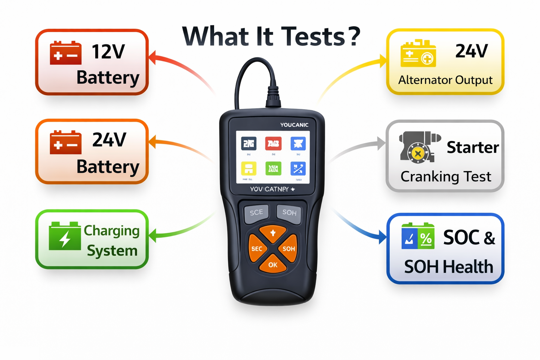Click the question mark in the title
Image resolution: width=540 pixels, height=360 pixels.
(x=353, y=36)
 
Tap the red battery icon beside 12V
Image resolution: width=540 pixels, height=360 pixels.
(x=66, y=53)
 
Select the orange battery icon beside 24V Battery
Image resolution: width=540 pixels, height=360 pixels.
(x=66, y=142)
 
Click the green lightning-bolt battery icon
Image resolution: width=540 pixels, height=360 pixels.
(x=65, y=236)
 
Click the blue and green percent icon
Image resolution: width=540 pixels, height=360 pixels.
(x=418, y=236)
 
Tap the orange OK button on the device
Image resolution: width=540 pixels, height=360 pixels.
(x=273, y=265)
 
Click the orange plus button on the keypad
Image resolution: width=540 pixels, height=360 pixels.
(x=273, y=233)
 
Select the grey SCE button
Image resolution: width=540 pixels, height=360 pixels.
(x=256, y=213)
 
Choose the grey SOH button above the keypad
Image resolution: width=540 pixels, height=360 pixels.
(x=289, y=213)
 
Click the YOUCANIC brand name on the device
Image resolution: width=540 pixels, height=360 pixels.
(x=294, y=125)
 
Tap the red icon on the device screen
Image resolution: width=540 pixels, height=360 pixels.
(x=273, y=143)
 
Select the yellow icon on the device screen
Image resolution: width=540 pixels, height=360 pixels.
(x=249, y=169)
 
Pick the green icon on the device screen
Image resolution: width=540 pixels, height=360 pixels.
(x=273, y=169)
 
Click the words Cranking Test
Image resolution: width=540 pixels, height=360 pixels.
(x=446, y=176)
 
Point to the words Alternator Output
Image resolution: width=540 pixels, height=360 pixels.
(x=445, y=80)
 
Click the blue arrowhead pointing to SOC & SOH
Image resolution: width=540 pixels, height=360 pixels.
(x=382, y=237)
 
